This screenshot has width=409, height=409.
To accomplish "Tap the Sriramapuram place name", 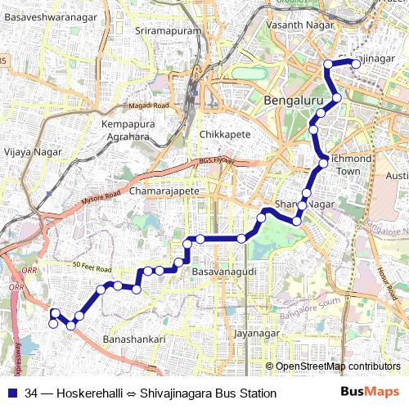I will tap(169, 30).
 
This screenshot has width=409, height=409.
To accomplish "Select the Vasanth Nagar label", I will tap(295, 26).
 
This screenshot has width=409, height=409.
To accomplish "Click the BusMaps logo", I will tap(371, 393).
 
